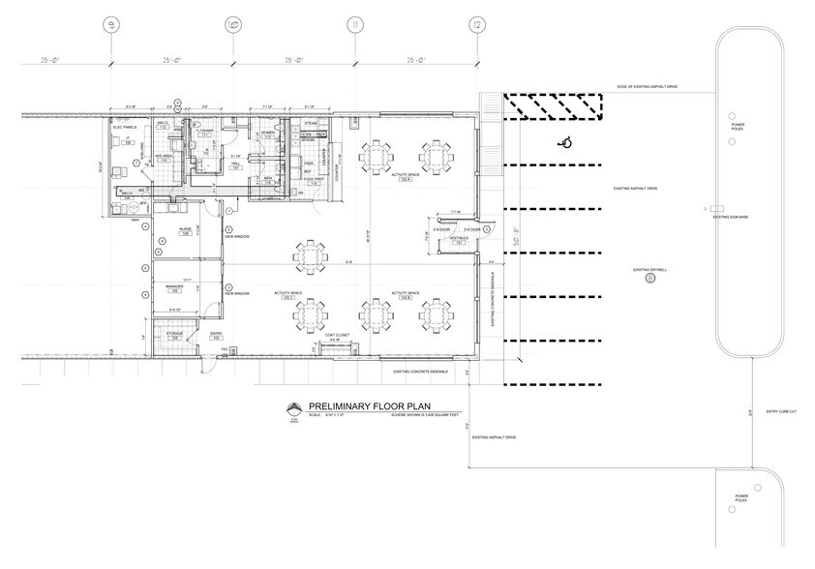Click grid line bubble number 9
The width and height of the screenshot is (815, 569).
111,23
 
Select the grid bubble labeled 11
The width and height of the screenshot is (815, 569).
355,23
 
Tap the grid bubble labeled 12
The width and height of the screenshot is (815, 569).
476,23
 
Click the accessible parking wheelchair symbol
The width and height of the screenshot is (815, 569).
567,143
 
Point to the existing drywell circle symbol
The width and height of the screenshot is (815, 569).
649,278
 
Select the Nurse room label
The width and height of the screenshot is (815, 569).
184,231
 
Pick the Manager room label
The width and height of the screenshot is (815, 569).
175,288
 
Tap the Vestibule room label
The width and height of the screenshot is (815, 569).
460,240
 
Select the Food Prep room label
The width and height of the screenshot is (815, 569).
313,180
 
